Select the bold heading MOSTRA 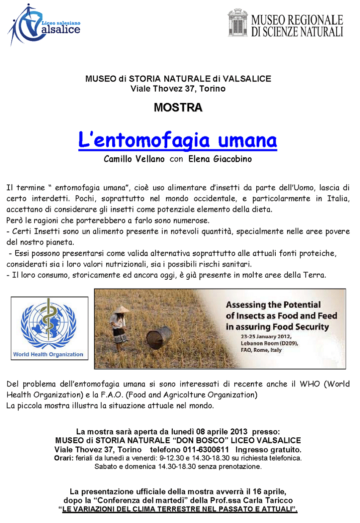[x=178, y=108]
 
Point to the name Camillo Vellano [x=134, y=159]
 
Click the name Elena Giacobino [x=221, y=159]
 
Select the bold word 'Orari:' [x=64, y=458]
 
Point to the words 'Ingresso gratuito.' [x=269, y=449]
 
